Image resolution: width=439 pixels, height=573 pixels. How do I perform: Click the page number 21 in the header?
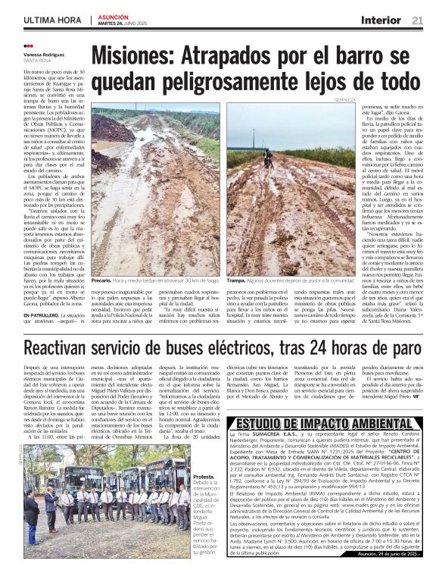tap(417, 19)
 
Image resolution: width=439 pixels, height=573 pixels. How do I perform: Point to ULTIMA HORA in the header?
tap(52, 20)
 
